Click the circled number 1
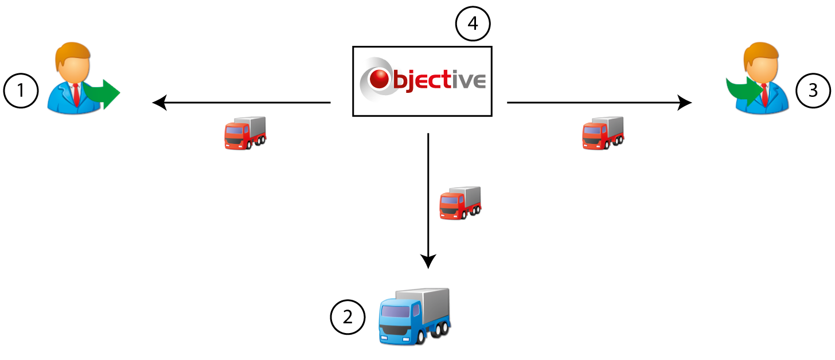(21, 92)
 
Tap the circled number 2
(348, 316)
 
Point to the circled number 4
(473, 25)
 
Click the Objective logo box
(422, 81)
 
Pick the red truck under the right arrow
(603, 134)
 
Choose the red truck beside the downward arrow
(460, 203)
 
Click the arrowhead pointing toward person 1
(158, 103)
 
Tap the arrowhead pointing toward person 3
(685, 103)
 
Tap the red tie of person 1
(75, 93)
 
